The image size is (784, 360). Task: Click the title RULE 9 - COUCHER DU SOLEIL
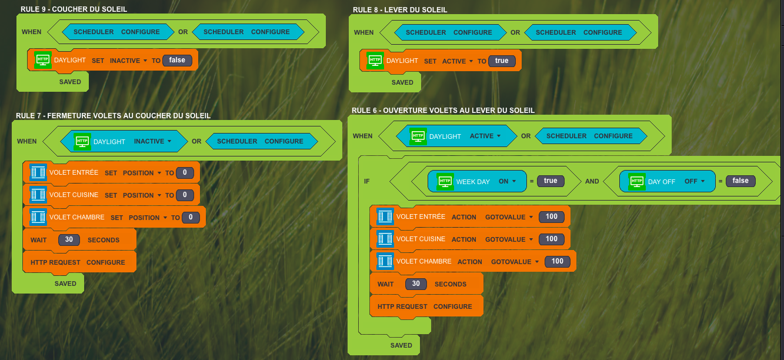point(74,9)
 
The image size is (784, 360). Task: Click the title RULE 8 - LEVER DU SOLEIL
point(400,10)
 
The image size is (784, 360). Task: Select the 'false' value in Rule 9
point(177,60)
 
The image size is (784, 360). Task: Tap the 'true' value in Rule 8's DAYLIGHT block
point(502,61)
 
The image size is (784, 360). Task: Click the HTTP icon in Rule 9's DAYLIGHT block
point(42,60)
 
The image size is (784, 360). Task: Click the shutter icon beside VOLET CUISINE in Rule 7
point(38,195)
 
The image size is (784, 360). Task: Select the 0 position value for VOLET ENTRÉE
point(185,173)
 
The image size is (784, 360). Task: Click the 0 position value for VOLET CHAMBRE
point(191,218)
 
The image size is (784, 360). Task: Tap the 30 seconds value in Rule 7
point(69,240)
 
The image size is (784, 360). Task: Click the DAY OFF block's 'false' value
point(740,181)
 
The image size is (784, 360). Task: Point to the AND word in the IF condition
point(592,182)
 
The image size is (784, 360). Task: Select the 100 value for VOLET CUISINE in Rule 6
point(551,239)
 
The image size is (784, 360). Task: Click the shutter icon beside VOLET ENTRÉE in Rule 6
point(385,216)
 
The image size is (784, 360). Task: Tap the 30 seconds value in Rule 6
point(416,284)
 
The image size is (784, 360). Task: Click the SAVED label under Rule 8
point(402,83)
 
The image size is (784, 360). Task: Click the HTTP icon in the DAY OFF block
point(636,181)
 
